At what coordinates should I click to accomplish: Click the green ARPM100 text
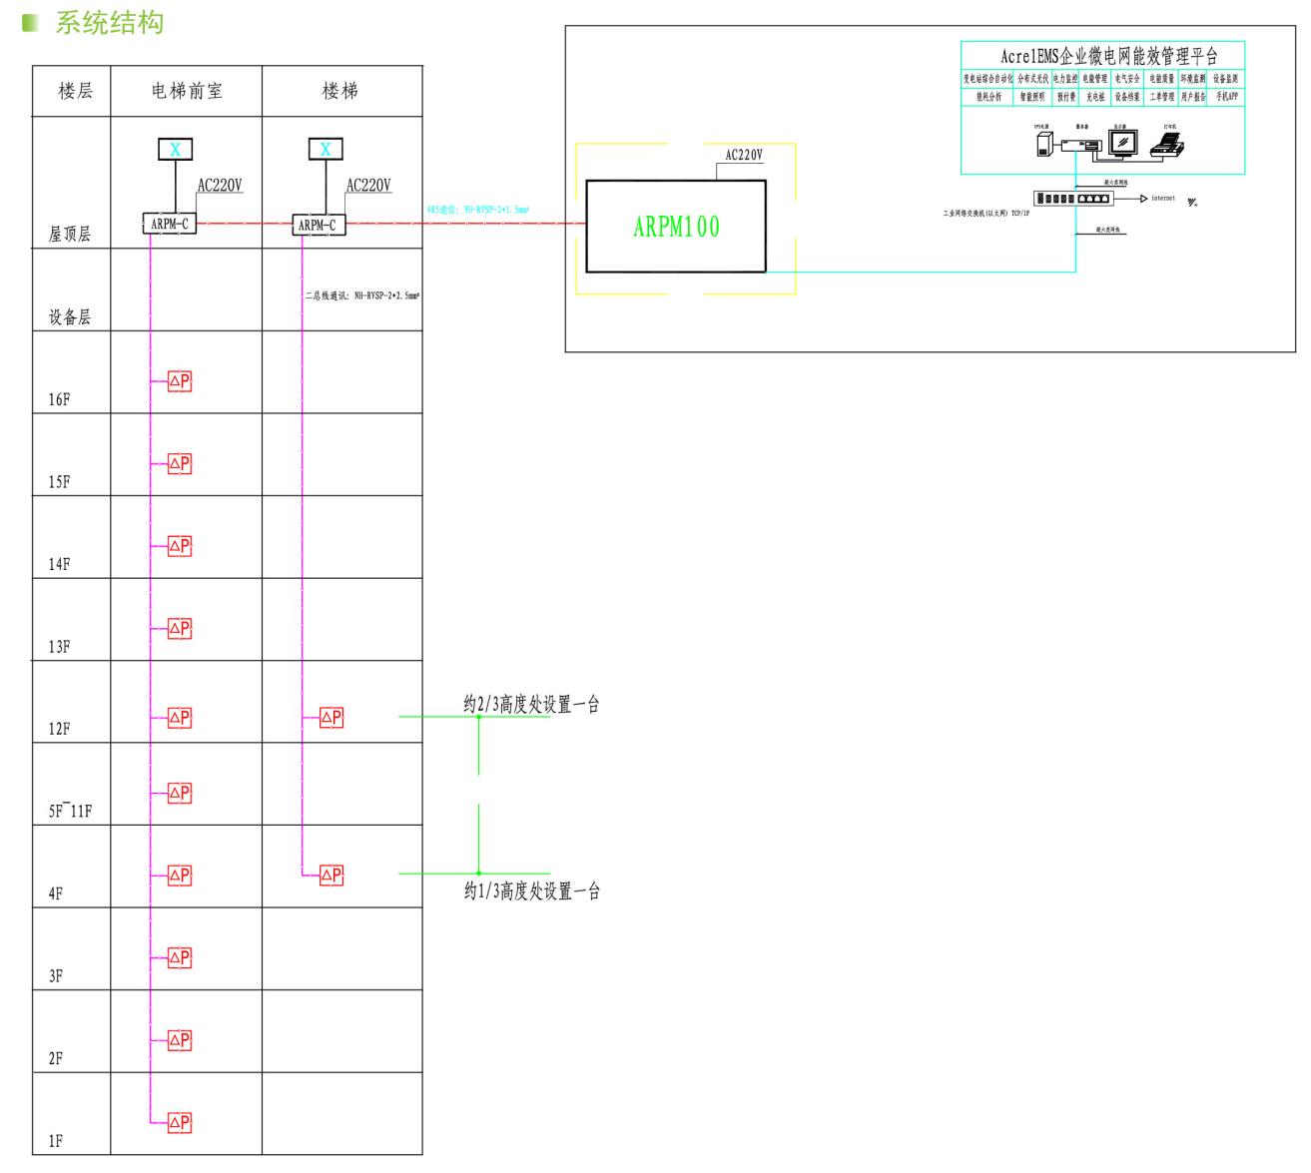click(676, 227)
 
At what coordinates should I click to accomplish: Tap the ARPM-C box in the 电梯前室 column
click(169, 225)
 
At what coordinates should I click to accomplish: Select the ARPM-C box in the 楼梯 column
click(319, 225)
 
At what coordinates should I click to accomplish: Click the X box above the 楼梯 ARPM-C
click(326, 150)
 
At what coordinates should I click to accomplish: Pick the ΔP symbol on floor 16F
click(179, 381)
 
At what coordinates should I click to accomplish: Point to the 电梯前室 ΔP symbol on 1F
click(179, 1123)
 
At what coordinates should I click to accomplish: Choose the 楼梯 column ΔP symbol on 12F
click(330, 718)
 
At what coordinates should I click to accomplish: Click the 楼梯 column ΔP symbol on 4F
click(330, 876)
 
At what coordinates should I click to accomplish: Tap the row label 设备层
click(70, 317)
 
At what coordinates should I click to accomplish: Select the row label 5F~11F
click(70, 811)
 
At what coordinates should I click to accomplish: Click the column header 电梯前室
click(187, 91)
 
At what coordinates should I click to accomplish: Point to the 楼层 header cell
click(76, 91)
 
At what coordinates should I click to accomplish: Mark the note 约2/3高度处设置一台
click(531, 705)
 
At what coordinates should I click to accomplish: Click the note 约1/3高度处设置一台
click(531, 890)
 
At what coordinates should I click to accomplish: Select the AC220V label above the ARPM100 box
click(744, 155)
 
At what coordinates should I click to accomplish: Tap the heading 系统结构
click(109, 23)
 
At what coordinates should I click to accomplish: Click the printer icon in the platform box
click(1167, 146)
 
